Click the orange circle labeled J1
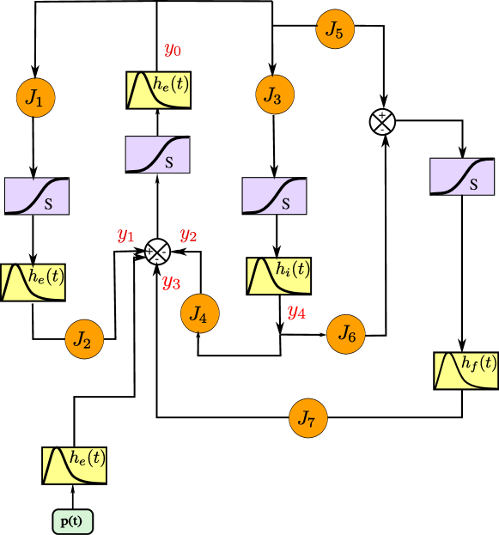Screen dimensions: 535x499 [x=35, y=99]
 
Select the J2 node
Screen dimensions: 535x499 [x=83, y=339]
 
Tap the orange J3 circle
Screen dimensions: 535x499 [x=274, y=94]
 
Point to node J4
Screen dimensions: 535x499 [x=199, y=314]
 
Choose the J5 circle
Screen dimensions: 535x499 [x=335, y=29]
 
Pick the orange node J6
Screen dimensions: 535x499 [x=346, y=334]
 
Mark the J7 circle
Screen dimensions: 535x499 [x=307, y=418]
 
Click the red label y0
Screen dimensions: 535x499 [x=173, y=50]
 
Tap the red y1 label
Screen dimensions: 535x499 [x=126, y=235]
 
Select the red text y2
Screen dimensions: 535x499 [x=188, y=235]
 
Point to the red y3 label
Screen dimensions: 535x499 [x=171, y=282]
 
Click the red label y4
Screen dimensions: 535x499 [x=296, y=312]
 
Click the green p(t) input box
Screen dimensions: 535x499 [x=73, y=521]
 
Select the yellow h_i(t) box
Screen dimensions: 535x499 [x=278, y=276]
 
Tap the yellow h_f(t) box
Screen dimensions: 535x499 [x=466, y=370]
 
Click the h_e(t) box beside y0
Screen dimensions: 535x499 [x=159, y=90]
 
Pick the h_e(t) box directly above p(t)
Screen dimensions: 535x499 [x=75, y=465]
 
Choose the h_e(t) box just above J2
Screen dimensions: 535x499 [x=33, y=283]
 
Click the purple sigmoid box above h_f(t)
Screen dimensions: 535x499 [x=462, y=176]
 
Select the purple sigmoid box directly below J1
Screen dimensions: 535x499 [x=37, y=196]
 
